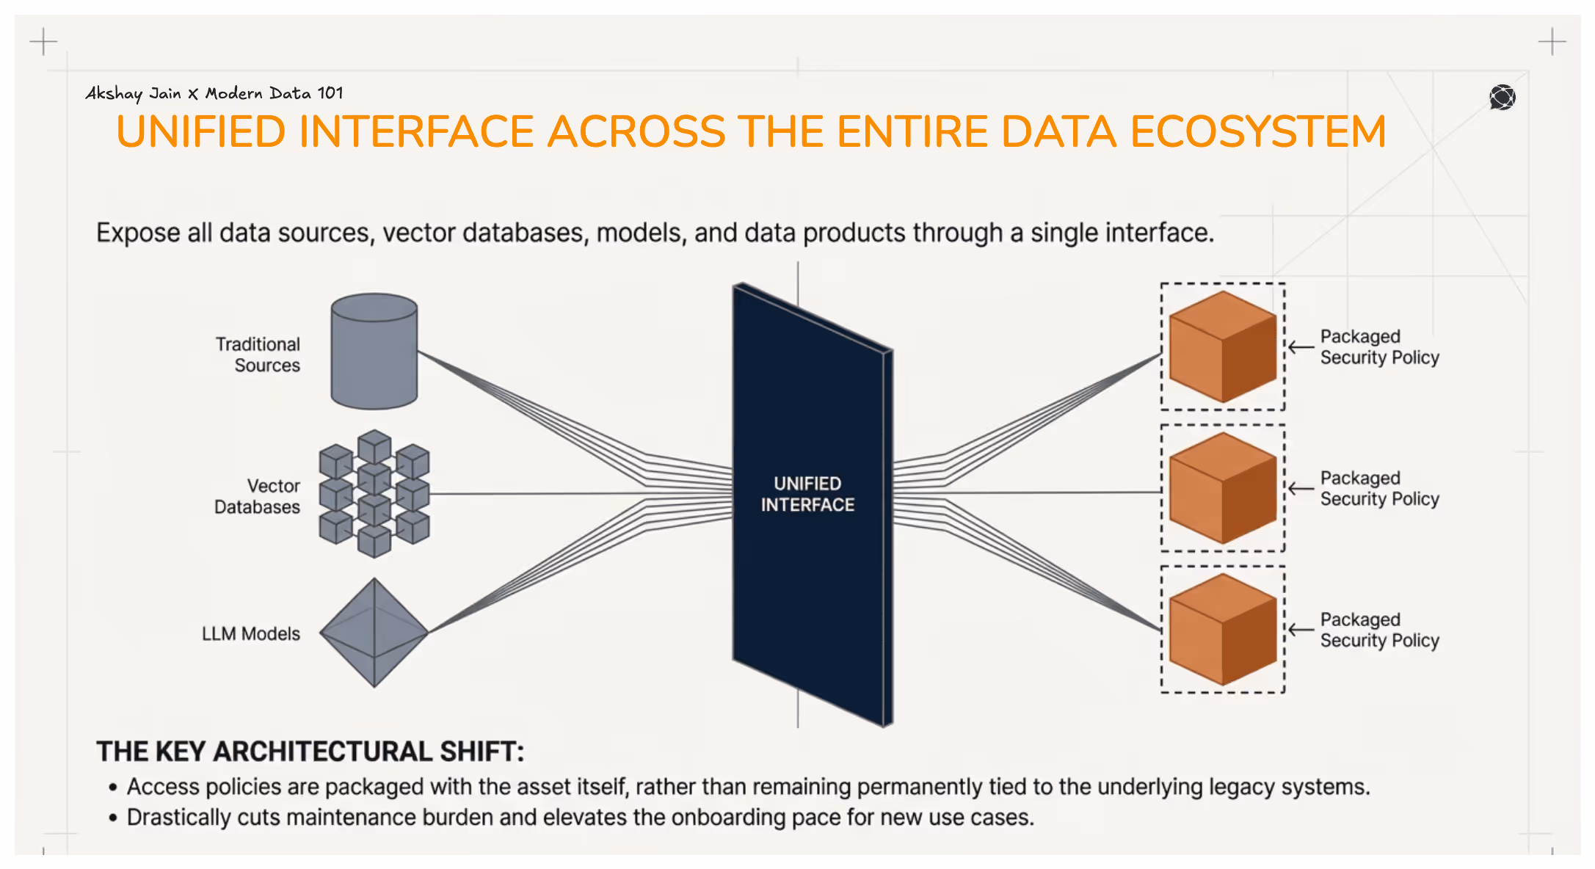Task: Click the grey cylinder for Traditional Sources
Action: click(374, 352)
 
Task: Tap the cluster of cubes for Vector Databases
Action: click(374, 494)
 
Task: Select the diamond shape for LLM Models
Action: click(374, 633)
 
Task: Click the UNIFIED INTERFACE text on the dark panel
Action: click(807, 494)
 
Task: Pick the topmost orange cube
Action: click(1223, 346)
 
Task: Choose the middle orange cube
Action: click(1223, 488)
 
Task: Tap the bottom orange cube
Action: click(1223, 630)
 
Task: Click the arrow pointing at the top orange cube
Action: click(1301, 347)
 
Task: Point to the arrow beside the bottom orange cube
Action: click(1301, 630)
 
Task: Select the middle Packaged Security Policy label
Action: click(1379, 489)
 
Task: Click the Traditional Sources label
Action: click(258, 354)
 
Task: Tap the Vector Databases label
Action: click(258, 496)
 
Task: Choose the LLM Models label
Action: click(251, 633)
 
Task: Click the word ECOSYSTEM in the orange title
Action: click(1257, 132)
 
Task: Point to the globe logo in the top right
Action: click(1503, 97)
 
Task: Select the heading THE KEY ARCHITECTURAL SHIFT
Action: click(310, 752)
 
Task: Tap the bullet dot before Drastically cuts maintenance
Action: click(113, 818)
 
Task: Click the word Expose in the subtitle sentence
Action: click(138, 233)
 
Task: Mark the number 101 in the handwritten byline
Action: click(330, 93)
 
